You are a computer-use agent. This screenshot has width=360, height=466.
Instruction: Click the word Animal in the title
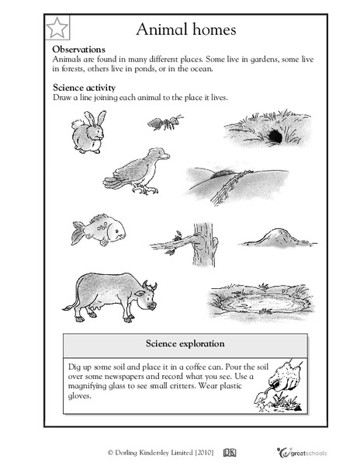[x=161, y=30]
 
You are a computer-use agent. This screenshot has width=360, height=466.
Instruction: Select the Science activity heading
[x=84, y=88]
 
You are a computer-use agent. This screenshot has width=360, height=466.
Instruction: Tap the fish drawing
[x=97, y=231]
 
